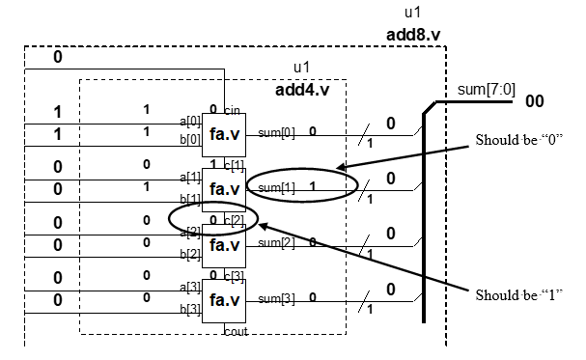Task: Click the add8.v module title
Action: (414, 36)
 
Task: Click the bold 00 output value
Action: (534, 100)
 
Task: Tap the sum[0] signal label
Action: (276, 132)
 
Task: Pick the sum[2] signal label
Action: (276, 241)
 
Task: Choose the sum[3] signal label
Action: (276, 297)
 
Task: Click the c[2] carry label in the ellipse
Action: (235, 220)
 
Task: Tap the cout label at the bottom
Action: (235, 330)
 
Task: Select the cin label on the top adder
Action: (232, 109)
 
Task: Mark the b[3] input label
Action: (190, 310)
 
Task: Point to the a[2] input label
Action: (190, 231)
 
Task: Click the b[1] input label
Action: (190, 199)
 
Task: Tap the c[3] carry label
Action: (235, 276)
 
